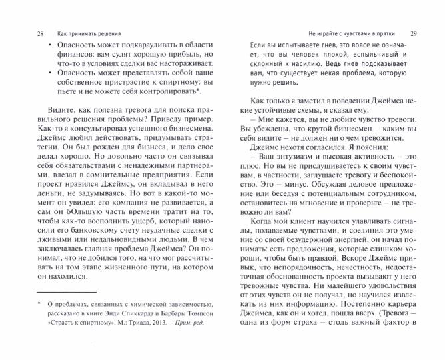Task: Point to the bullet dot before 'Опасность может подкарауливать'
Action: [x=43, y=48]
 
